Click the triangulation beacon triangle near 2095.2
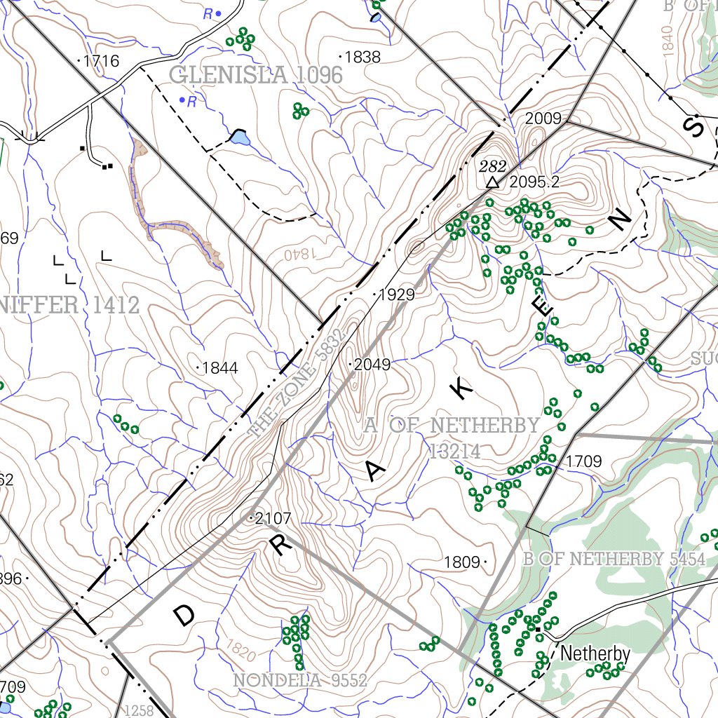(x=493, y=182)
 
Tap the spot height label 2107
(x=272, y=519)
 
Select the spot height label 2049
(x=372, y=365)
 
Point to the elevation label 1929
(x=396, y=295)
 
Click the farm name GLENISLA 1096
(x=256, y=75)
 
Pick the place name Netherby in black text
(x=595, y=654)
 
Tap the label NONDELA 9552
(x=300, y=680)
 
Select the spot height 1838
(x=363, y=57)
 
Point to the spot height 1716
(x=101, y=61)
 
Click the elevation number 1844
(x=219, y=368)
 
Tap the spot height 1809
(x=462, y=562)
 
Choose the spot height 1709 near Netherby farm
(x=583, y=461)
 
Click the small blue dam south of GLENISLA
(x=239, y=139)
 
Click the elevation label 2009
(x=543, y=118)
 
